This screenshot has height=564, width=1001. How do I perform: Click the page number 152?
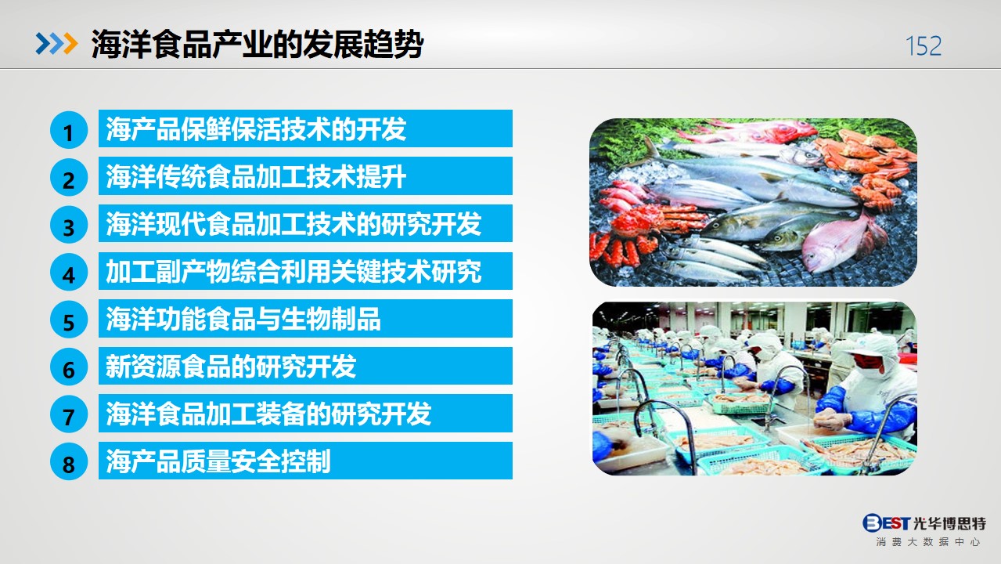point(924,46)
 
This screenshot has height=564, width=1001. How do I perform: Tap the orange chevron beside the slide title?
point(70,43)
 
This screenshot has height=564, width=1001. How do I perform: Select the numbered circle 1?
point(68,130)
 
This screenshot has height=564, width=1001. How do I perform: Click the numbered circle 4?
point(68,273)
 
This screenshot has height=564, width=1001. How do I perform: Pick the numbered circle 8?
point(68,462)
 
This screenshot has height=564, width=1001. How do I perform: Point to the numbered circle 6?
point(68,367)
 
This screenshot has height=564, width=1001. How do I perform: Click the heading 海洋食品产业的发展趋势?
point(257,45)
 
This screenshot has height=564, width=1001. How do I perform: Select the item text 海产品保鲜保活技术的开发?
point(256,128)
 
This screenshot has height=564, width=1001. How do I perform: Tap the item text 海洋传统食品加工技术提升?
point(256,176)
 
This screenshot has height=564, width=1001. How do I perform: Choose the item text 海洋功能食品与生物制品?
point(243,319)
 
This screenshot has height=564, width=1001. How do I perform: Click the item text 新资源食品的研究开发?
point(231,367)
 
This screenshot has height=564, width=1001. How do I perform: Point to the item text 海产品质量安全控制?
point(218,461)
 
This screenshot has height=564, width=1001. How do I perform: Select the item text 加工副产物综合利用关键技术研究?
point(293,271)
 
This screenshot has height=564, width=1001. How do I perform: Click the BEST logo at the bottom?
point(886,522)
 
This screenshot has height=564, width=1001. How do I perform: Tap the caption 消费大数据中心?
point(928,542)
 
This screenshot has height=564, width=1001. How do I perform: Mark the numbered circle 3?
point(68,225)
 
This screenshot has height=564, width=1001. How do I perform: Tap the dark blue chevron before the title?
point(43,43)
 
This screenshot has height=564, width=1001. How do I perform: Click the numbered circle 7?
point(68,414)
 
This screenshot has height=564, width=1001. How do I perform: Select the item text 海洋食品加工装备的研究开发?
point(268,414)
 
